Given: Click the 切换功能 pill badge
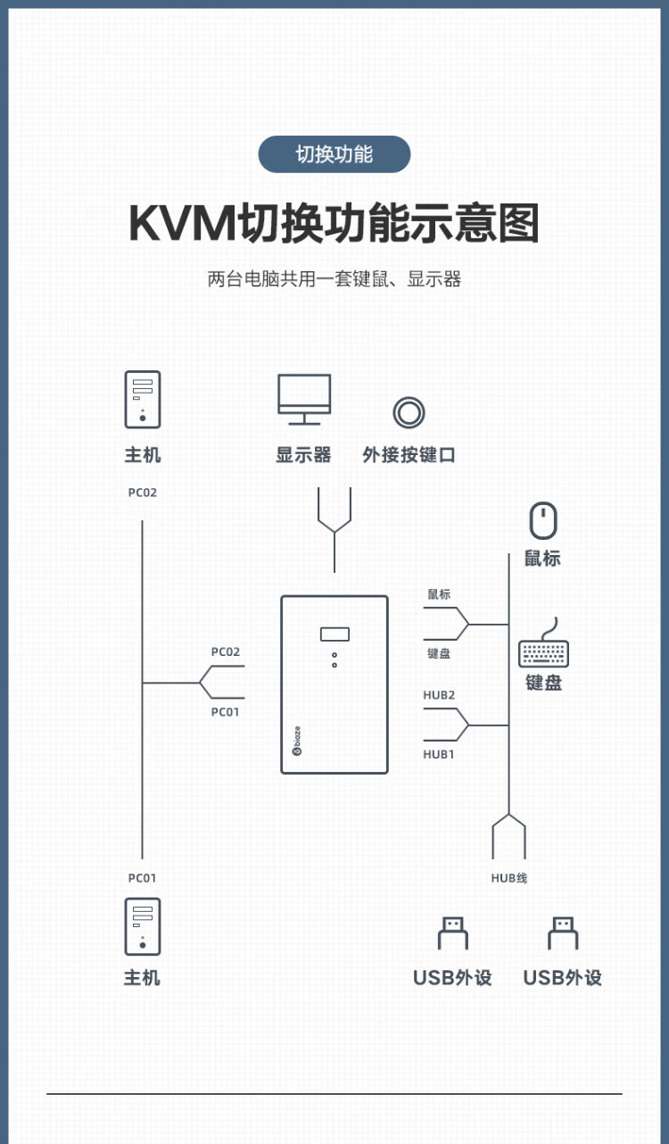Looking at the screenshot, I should (x=334, y=154).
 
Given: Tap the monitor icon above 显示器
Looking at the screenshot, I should (x=304, y=398).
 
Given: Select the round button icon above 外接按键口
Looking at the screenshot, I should (x=409, y=412).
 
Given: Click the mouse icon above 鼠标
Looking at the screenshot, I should (x=543, y=520).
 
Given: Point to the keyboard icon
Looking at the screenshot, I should (x=543, y=651).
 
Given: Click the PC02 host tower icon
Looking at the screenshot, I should (x=143, y=399).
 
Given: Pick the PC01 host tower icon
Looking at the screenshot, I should (x=143, y=926).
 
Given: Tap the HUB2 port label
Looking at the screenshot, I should (x=439, y=695).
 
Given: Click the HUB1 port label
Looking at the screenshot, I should (x=439, y=754).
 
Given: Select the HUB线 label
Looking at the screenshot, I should (x=508, y=878).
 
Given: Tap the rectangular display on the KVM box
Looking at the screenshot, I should (x=334, y=634).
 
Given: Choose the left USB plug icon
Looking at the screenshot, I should (x=452, y=933).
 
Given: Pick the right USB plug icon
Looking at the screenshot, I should (x=563, y=933).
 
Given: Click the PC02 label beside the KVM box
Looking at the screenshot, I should (x=226, y=652).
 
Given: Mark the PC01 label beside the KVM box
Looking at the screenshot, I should (x=226, y=712).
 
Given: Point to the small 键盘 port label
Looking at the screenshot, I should (x=439, y=653).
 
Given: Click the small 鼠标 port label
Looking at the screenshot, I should (x=439, y=594).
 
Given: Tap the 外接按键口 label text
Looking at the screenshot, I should (x=409, y=455).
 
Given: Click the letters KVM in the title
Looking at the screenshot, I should (x=182, y=223).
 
